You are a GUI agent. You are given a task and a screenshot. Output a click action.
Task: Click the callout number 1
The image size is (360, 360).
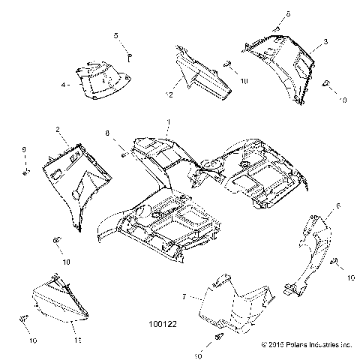(169, 121)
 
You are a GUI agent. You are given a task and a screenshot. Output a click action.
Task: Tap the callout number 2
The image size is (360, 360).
(58, 130)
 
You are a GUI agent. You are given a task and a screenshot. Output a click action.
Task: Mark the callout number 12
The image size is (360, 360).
(170, 94)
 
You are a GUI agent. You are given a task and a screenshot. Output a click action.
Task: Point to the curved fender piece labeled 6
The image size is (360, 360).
(311, 251)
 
